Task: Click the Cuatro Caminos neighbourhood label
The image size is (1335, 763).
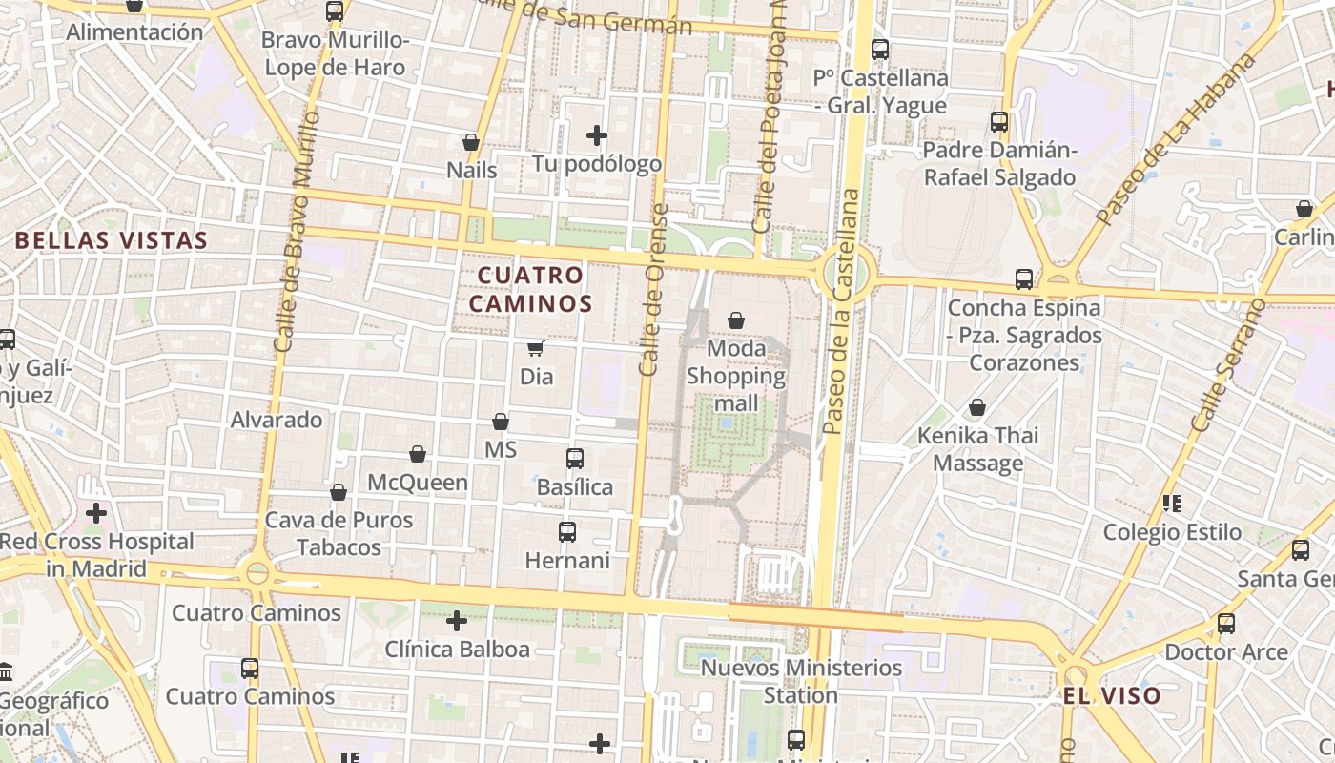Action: [534, 289]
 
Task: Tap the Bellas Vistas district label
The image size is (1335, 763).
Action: [112, 240]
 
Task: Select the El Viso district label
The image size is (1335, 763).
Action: [1113, 695]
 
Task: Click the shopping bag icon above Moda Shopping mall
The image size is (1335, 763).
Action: [736, 320]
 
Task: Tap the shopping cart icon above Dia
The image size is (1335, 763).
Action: [536, 349]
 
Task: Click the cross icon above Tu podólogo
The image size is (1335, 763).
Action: [597, 135]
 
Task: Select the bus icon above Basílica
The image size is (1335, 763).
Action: [575, 459]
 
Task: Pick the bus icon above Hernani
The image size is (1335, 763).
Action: [567, 531]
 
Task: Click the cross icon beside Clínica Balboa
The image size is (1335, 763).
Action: [457, 621]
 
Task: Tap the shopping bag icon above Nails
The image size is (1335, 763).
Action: [471, 142]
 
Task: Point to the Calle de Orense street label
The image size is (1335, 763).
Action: [652, 290]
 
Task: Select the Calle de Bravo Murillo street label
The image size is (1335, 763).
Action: [295, 232]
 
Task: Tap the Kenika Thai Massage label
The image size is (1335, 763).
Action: [977, 449]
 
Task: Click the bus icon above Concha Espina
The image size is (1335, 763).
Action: [1024, 279]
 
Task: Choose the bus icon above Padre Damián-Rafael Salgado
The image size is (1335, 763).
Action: [999, 122]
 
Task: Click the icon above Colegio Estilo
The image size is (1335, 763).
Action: [1172, 503]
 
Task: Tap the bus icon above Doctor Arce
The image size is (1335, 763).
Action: [1226, 624]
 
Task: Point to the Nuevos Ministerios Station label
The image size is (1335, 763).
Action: [801, 681]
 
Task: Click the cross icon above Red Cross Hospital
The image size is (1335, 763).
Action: [96, 513]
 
